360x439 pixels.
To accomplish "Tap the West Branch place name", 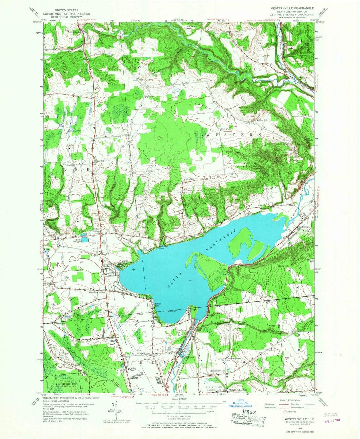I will coord(74,32).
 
